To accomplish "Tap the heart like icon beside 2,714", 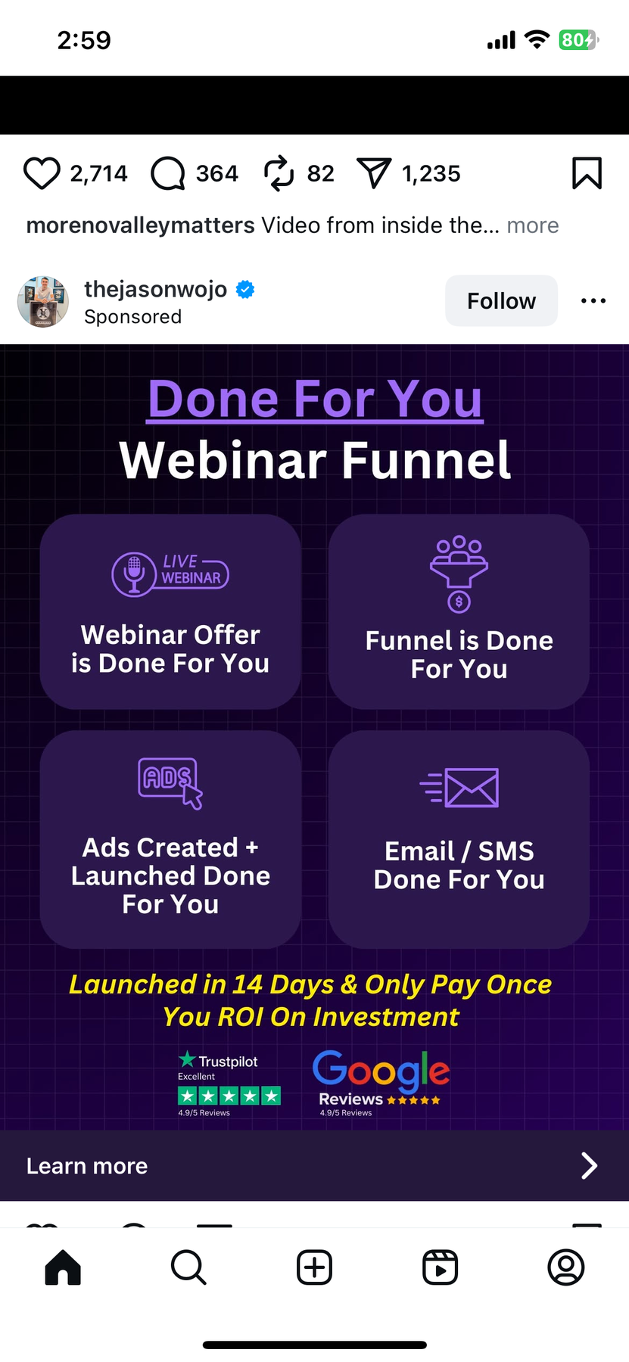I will (42, 173).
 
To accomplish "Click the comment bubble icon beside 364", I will (168, 173).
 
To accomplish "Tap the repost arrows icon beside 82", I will (279, 173).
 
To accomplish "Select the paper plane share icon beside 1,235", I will (373, 173).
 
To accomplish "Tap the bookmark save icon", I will (587, 173).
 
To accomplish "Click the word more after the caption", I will (533, 225).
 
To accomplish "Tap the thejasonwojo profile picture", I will (43, 301).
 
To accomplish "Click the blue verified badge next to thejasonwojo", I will (245, 289).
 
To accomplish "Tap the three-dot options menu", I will (593, 301).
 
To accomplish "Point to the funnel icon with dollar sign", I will (459, 574).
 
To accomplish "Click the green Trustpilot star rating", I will (229, 1095).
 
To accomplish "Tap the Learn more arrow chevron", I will (589, 1166).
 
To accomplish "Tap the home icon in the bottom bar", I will (63, 1267).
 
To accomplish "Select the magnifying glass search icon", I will (188, 1267).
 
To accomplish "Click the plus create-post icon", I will (314, 1267).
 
